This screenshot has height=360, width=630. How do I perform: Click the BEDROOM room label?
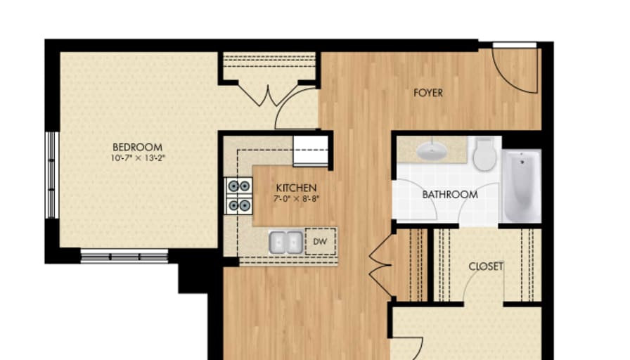point(132,147)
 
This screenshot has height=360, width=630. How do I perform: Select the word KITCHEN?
point(296,188)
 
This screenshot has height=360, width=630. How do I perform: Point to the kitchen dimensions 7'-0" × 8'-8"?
point(296,199)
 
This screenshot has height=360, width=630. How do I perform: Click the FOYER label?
point(428,92)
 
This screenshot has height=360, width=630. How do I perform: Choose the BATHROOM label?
point(450,194)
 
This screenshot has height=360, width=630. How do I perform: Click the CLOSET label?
point(486,266)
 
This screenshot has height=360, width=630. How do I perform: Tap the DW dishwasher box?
point(321,241)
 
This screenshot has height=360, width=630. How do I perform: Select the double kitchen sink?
point(285,243)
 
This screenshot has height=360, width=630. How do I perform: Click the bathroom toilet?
point(484,154)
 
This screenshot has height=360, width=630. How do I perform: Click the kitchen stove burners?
point(238,195)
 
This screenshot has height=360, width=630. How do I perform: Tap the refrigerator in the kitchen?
point(310,150)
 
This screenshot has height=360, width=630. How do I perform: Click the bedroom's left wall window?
point(51,175)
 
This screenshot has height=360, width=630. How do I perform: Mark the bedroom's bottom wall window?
point(124,257)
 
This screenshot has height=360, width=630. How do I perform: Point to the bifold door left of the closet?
point(380,266)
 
